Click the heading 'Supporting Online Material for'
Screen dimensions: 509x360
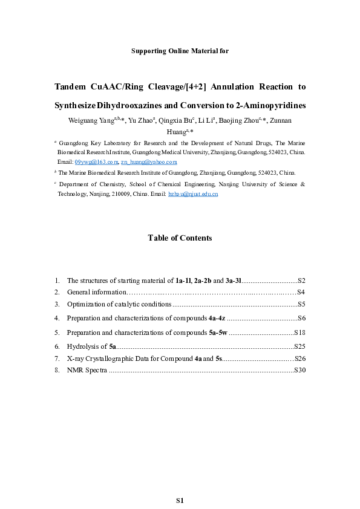[180, 51]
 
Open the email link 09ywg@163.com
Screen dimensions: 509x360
[96, 162]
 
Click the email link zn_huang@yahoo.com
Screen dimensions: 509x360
[149, 162]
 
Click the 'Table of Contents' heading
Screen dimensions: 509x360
[180, 238]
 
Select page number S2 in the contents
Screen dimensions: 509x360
[301, 281]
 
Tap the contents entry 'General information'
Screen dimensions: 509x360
[94, 293]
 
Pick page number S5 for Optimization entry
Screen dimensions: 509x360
[301, 304]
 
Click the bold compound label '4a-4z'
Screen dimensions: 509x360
[214, 318]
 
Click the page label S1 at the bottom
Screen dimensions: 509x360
[180, 501]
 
